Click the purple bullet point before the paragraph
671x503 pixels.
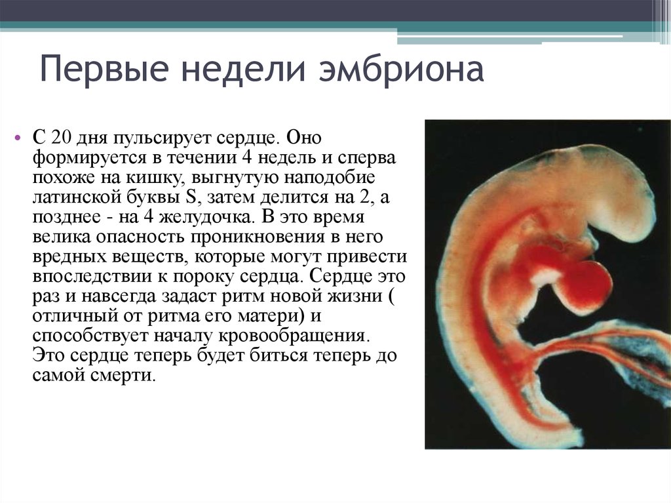click(x=18, y=138)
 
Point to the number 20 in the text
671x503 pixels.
click(x=60, y=138)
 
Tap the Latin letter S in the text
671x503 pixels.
click(x=191, y=197)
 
